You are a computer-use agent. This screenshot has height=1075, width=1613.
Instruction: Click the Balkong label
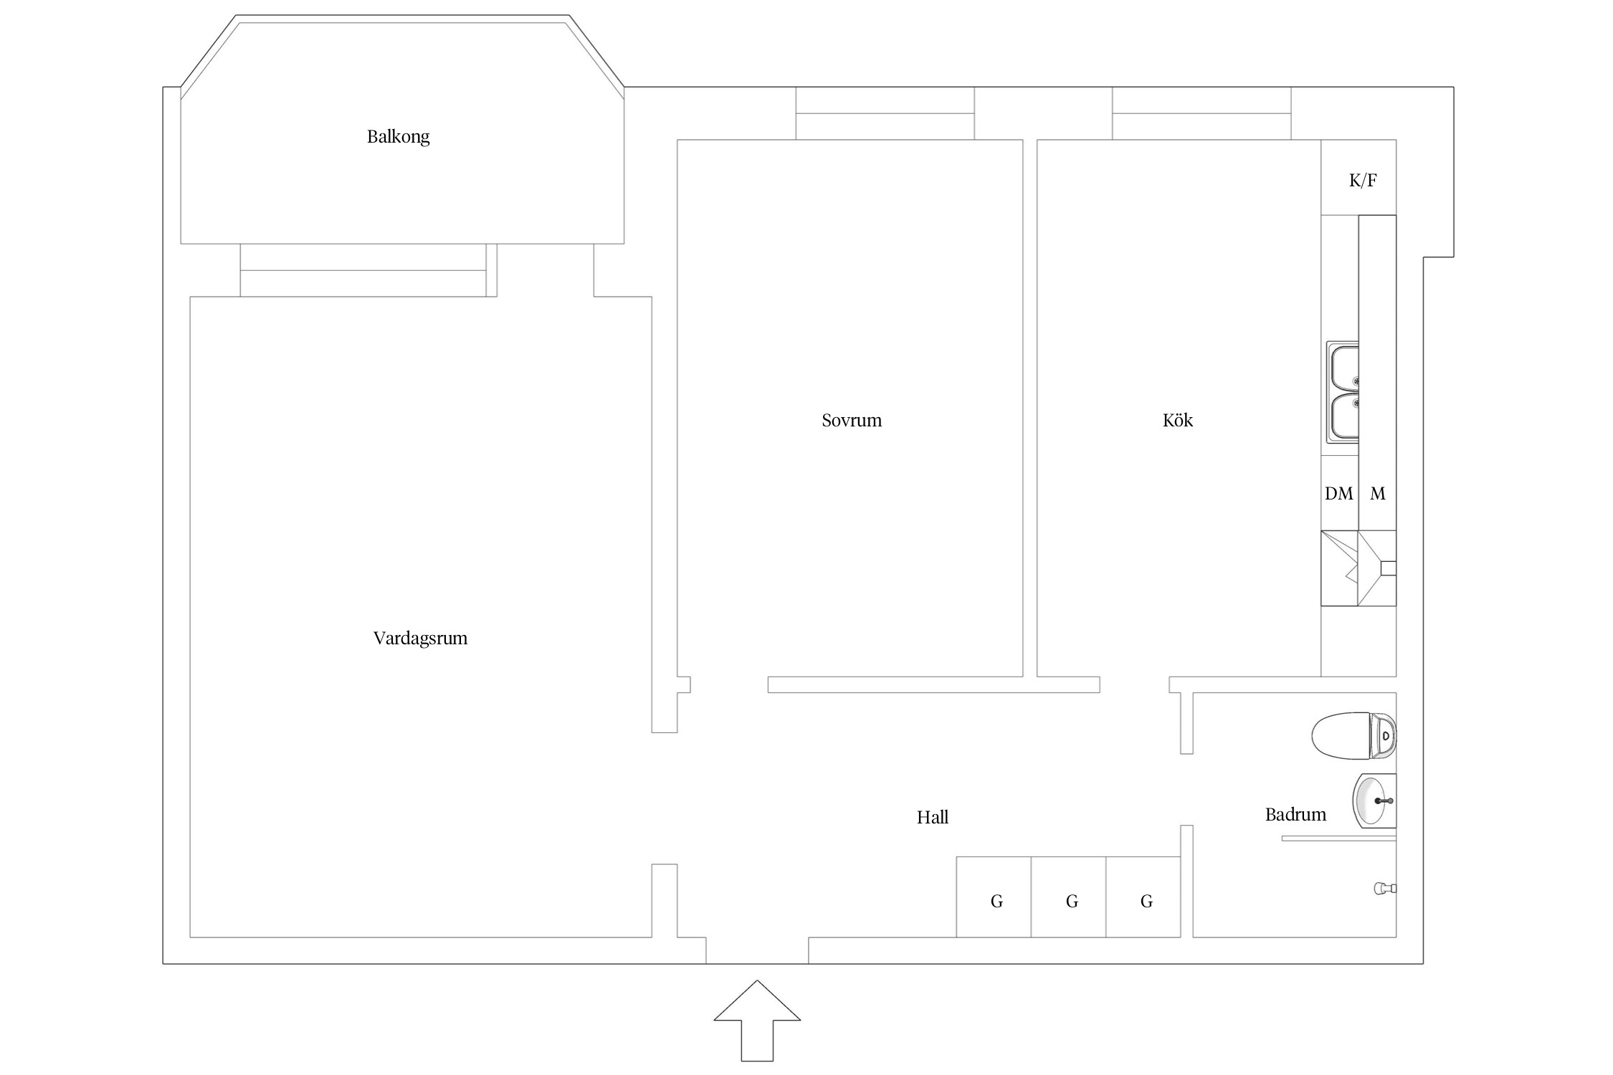point(398,136)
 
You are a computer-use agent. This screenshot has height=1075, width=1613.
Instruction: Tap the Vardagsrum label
point(420,638)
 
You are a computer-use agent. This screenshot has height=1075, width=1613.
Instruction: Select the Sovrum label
point(852,420)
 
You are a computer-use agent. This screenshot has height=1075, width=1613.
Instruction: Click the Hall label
point(932,817)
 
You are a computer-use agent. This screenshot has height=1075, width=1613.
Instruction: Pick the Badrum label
point(1295,814)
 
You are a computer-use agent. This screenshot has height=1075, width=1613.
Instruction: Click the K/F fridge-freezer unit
point(1359,178)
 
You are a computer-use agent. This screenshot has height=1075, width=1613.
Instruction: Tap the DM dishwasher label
point(1338,493)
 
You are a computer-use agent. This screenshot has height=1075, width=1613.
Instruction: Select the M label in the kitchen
point(1377,493)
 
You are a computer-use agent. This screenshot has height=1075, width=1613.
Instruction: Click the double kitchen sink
point(1342,392)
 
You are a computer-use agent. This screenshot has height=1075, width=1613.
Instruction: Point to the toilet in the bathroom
point(1353,735)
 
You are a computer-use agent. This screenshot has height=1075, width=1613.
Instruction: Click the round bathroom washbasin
point(1374,801)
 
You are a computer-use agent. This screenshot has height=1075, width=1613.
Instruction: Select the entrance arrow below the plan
point(757,1021)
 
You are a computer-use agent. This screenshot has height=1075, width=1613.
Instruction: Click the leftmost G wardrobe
point(994,897)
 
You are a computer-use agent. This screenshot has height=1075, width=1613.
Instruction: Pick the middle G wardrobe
point(1069,897)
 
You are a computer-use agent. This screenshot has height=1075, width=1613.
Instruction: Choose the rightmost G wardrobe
point(1143,897)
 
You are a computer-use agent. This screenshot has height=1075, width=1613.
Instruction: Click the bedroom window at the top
point(885,113)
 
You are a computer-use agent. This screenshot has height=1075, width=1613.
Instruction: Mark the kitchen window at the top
point(1202,113)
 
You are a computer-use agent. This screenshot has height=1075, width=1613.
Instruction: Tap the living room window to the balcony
point(368,270)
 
